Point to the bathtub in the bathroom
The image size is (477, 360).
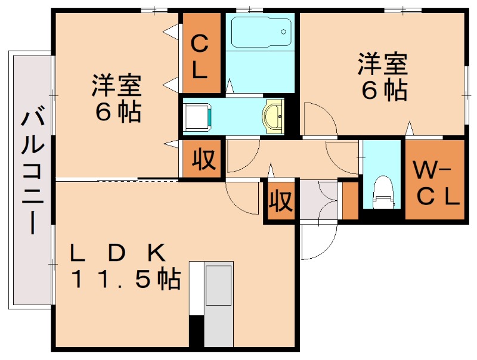click(x=260, y=33)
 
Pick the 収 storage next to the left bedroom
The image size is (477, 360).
click(x=203, y=159)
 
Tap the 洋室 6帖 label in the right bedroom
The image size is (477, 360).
click(x=382, y=76)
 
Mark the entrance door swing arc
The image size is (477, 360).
click(x=316, y=241)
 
